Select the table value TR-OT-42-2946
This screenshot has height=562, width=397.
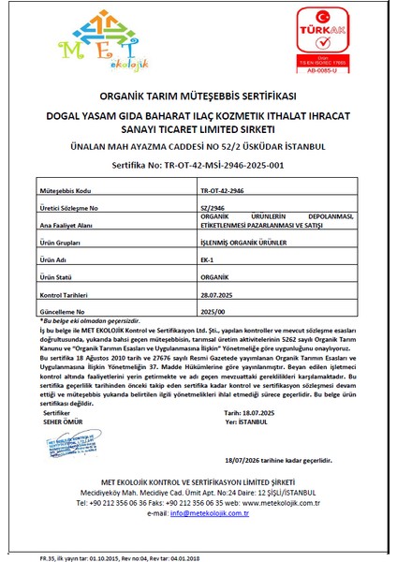click(224, 189)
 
